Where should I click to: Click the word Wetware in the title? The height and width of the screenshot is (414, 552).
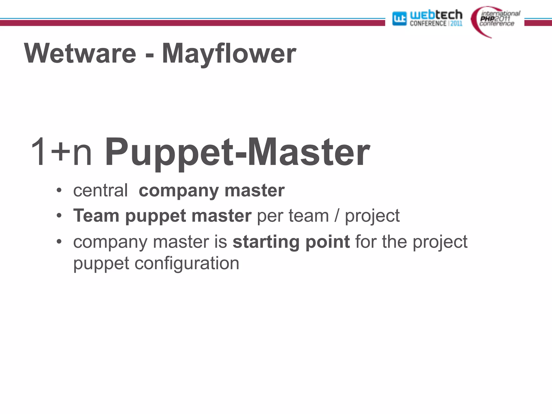click(x=80, y=53)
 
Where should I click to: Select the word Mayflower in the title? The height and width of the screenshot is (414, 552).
click(x=229, y=53)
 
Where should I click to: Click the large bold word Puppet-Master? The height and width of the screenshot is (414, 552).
click(x=237, y=152)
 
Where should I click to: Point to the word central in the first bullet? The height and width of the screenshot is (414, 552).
click(x=100, y=190)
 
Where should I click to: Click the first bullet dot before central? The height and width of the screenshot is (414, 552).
click(x=59, y=190)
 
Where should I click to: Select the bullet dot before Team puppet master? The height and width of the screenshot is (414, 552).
click(x=59, y=216)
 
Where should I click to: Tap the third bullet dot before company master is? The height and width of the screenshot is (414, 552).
click(x=59, y=241)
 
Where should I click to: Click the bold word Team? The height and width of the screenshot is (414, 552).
click(x=96, y=216)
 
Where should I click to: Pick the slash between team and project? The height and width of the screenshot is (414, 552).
click(x=337, y=216)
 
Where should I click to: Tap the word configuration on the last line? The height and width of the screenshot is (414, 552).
click(x=187, y=263)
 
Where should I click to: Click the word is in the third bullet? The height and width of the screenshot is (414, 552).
click(x=221, y=241)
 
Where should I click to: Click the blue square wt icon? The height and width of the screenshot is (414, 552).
click(x=399, y=18)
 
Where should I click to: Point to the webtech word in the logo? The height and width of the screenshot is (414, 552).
click(x=436, y=15)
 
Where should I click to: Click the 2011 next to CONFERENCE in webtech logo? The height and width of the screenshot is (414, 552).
click(x=456, y=24)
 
